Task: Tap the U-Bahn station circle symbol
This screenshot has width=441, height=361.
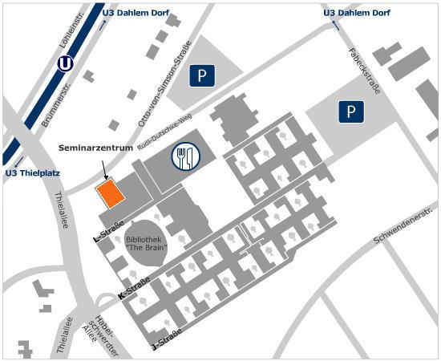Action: [x=66, y=63]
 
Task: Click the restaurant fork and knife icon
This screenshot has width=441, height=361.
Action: [x=185, y=156]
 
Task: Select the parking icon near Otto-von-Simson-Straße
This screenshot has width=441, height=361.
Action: [x=202, y=77]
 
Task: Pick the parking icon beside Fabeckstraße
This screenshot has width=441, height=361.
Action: [x=350, y=112]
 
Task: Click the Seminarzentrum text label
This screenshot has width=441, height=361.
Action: [x=95, y=148]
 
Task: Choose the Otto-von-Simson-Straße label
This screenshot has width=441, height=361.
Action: [x=165, y=80]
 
